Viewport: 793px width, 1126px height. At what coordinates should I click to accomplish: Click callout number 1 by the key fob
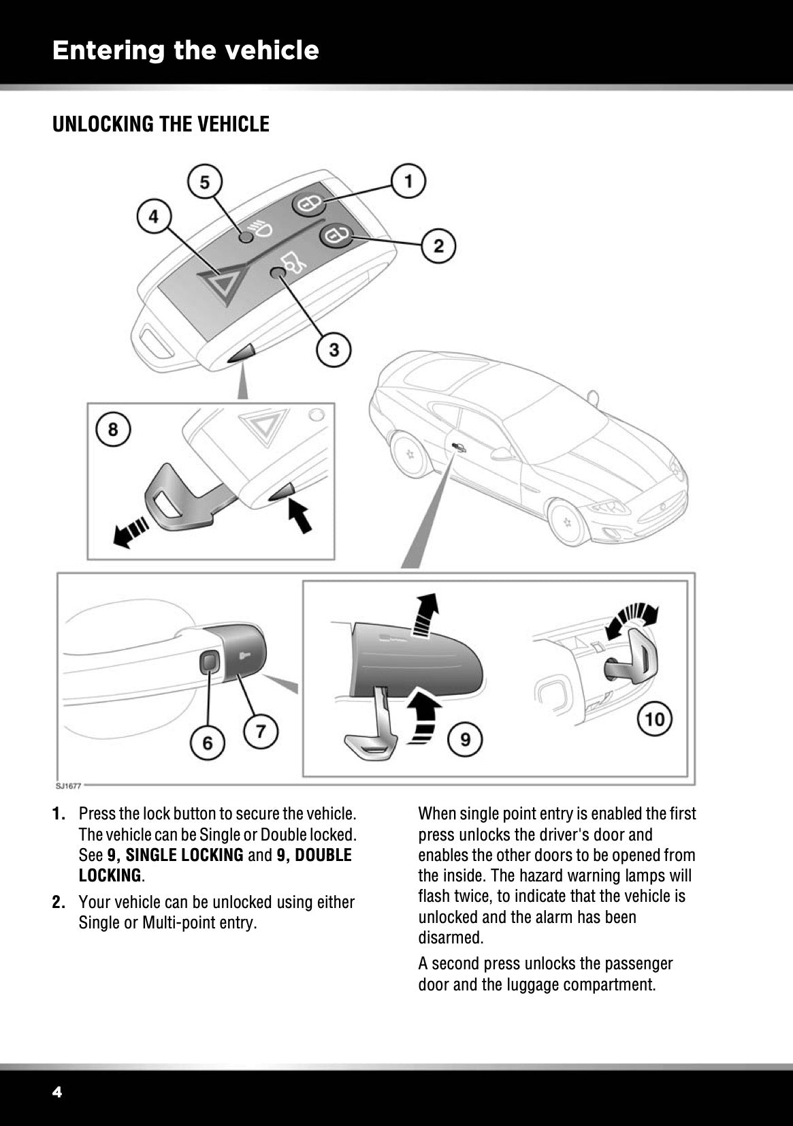point(408,181)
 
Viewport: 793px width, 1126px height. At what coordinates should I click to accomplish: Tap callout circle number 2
point(439,245)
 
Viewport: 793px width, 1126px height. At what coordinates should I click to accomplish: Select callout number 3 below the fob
point(334,350)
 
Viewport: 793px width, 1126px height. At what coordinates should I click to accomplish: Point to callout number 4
point(154,217)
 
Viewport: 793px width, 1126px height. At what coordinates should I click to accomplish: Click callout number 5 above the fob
point(204,182)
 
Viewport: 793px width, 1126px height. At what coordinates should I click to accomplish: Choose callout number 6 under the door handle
point(208,742)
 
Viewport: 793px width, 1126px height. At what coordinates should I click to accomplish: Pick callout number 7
point(261,732)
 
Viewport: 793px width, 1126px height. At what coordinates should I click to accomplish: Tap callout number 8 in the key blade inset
point(113,429)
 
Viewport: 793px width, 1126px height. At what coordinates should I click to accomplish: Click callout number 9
point(465,738)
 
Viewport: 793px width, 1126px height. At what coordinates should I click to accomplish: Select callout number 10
point(654,719)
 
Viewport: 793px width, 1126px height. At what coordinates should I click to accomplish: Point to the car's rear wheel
point(410,453)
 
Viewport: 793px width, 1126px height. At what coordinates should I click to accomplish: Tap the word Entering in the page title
point(109,50)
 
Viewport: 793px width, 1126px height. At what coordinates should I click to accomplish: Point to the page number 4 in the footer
point(57,1093)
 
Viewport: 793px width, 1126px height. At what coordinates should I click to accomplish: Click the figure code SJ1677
point(69,785)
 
